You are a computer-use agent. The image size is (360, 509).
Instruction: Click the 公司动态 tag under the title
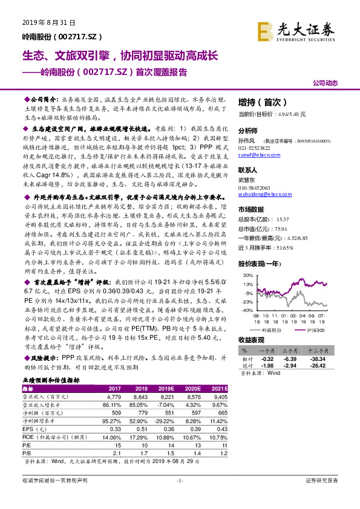point(325,83)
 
